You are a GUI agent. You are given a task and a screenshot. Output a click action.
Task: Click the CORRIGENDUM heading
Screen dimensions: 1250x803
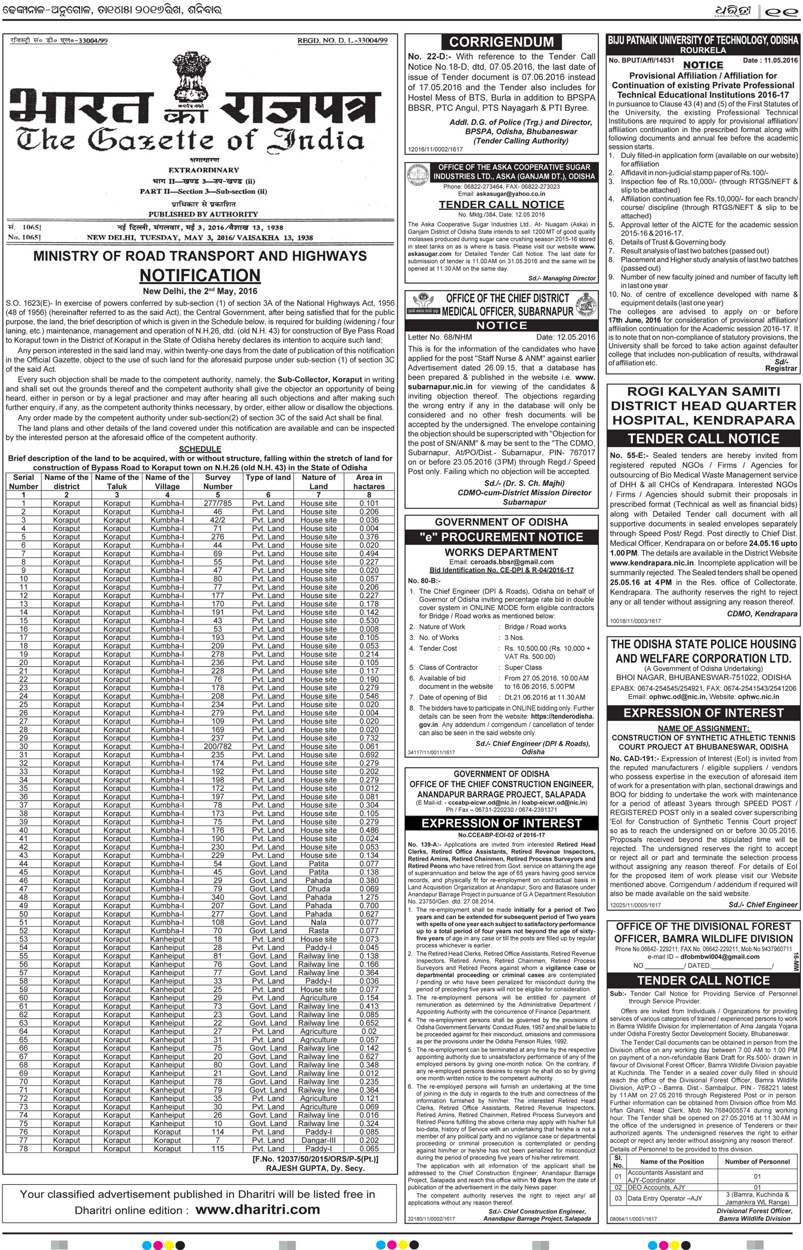pyautogui.click(x=501, y=42)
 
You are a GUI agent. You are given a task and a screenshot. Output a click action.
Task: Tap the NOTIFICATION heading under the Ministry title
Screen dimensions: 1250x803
pyautogui.click(x=200, y=275)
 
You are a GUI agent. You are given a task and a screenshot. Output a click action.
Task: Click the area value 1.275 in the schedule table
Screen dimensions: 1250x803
pyautogui.click(x=369, y=897)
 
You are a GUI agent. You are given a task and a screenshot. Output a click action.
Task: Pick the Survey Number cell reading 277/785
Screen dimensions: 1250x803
pyautogui.click(x=218, y=503)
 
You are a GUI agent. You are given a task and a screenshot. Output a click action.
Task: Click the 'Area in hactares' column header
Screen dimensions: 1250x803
pyautogui.click(x=369, y=481)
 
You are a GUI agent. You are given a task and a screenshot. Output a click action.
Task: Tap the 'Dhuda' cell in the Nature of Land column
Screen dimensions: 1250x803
pyautogui.click(x=319, y=889)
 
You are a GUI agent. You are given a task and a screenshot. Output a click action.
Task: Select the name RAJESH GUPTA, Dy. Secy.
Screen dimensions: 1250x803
pyautogui.click(x=315, y=1169)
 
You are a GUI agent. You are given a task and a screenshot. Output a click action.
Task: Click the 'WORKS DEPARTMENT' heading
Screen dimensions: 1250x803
pyautogui.click(x=501, y=552)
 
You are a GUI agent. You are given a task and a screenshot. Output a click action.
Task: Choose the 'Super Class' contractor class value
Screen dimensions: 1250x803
pyautogui.click(x=523, y=667)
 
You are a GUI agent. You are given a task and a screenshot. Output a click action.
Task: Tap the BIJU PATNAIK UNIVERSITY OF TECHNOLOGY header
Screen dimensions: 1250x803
pyautogui.click(x=703, y=41)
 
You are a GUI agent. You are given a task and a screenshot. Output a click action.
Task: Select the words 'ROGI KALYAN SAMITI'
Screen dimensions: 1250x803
pyautogui.click(x=703, y=391)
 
